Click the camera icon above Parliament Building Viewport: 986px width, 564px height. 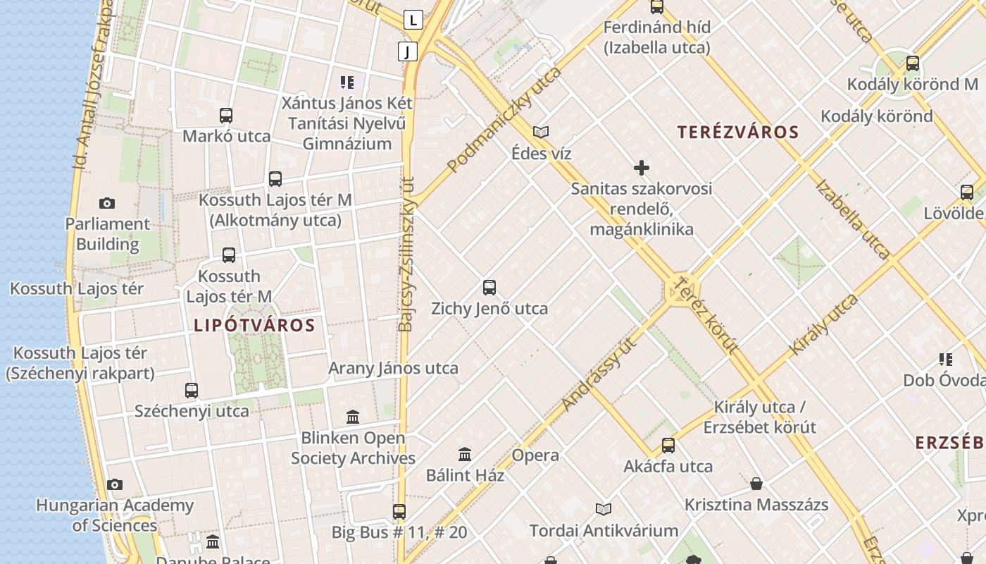point(107,204)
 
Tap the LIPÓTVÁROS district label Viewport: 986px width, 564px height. point(254,326)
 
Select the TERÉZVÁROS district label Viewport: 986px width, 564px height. point(738,133)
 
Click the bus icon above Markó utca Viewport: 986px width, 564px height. point(226,116)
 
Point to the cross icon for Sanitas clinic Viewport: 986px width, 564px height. point(642,168)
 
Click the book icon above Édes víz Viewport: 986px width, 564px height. point(541,132)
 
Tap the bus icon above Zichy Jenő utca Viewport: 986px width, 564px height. point(489,288)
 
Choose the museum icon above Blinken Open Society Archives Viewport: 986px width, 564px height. point(353,417)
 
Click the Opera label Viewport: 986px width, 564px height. point(535,455)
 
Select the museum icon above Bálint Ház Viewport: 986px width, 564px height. point(465,454)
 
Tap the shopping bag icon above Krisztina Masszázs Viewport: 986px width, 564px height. point(756,484)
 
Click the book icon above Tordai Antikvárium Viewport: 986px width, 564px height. point(604,509)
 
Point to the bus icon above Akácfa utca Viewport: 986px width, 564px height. point(668,446)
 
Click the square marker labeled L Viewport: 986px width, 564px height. point(413,20)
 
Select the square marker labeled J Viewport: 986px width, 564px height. point(407,51)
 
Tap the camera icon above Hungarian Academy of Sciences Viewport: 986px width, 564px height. point(115,485)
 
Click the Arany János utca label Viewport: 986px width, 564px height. point(393,368)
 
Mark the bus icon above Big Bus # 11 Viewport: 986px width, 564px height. point(399,511)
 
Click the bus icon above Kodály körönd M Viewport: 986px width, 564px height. point(913,63)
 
